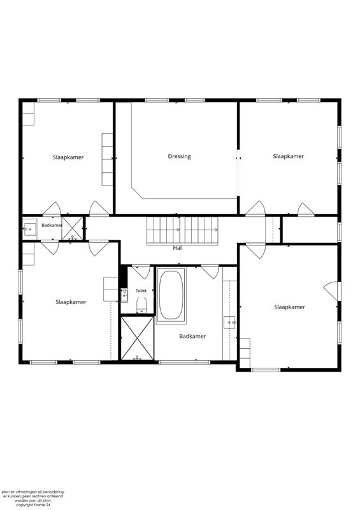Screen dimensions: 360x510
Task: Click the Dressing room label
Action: pos(179,156)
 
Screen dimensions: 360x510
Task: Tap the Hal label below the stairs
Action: pos(177,248)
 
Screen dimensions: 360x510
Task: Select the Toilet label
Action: pos(141,291)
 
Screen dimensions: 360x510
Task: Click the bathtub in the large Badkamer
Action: pos(171,295)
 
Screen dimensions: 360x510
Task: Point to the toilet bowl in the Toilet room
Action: pos(141,306)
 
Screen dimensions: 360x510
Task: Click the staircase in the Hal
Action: pos(182,231)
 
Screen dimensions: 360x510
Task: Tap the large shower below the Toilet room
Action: pos(137,339)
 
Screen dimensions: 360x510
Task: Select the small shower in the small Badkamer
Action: pos(72,228)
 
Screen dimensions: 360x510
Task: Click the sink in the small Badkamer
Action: pos(29,229)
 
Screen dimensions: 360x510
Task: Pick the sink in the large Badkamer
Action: pos(229,323)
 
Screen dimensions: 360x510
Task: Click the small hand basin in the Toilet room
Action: pos(124,295)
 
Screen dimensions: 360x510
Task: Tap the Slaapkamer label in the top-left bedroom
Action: pos(68,157)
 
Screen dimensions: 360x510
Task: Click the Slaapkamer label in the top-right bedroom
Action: pos(289,156)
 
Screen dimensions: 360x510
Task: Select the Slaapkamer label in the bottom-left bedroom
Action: pos(71,302)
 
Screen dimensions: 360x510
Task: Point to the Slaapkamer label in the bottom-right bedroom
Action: pos(289,307)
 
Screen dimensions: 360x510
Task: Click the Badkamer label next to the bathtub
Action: pos(192,337)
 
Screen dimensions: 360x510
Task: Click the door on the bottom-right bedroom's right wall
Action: pos(331,291)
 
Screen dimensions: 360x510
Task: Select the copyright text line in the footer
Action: pos(34,505)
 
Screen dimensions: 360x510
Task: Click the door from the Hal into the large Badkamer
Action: pos(210,272)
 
